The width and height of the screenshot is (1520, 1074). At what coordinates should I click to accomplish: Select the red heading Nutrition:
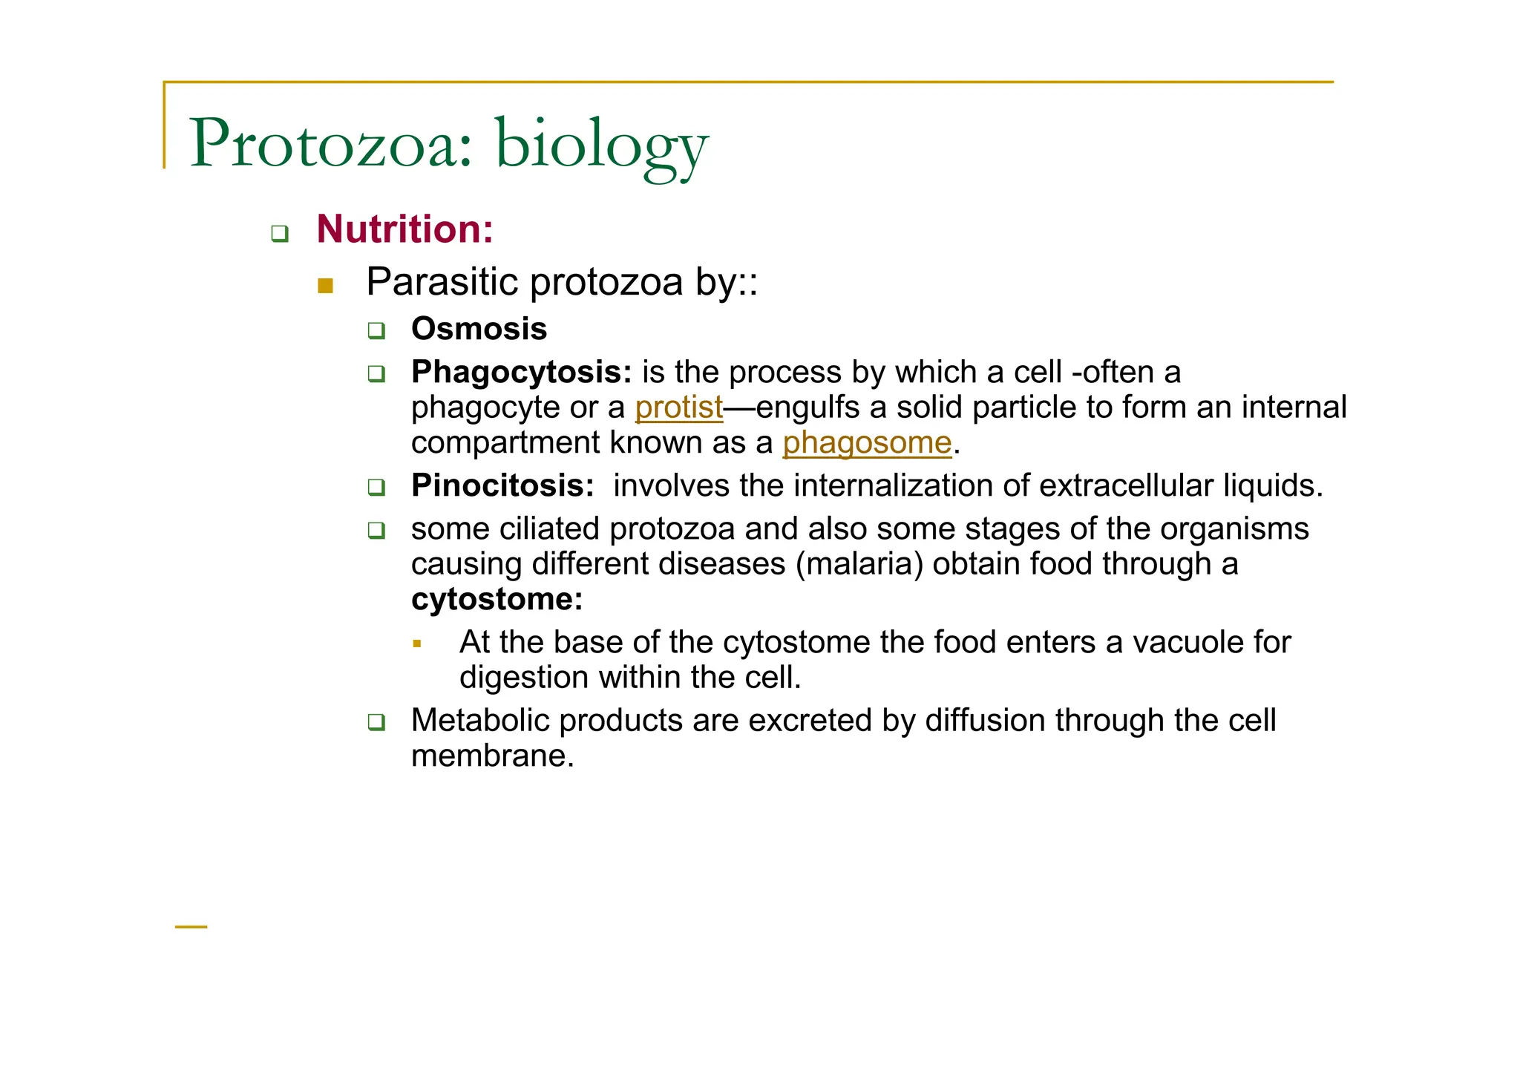click(x=404, y=229)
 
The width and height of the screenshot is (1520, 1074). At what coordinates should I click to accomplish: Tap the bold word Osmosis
click(x=479, y=329)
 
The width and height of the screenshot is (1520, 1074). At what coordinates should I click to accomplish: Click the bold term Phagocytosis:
click(x=521, y=372)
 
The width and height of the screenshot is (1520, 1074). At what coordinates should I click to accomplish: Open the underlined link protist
click(x=678, y=407)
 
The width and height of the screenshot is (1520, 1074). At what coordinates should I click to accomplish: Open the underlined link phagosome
click(x=867, y=443)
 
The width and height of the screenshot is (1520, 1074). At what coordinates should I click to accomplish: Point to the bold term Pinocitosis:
click(x=502, y=485)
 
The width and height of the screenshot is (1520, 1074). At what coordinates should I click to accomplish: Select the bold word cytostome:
click(x=497, y=599)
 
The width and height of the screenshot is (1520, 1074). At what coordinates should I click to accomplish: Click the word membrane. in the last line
click(x=493, y=756)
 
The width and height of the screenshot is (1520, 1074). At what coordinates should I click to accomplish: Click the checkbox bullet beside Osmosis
click(x=377, y=330)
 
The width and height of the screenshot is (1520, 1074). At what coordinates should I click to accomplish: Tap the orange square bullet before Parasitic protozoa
click(x=325, y=286)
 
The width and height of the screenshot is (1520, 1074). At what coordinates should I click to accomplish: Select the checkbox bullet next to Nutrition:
click(x=280, y=234)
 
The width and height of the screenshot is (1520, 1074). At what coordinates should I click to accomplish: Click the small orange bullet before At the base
click(x=417, y=644)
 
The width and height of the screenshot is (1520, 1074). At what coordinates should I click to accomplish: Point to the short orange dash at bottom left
click(x=191, y=927)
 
